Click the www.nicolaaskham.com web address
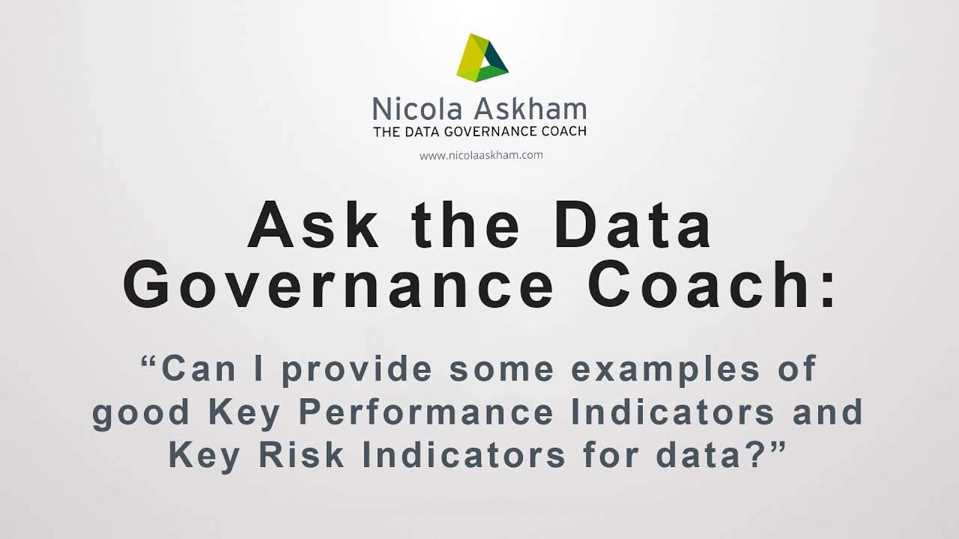[480, 156]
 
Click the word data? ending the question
[726, 456]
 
